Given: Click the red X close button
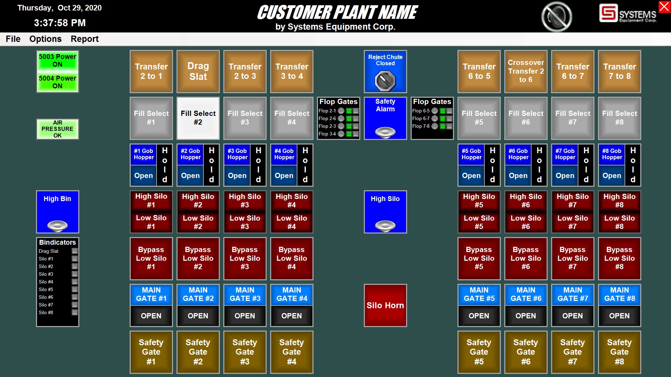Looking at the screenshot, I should pyautogui.click(x=664, y=7).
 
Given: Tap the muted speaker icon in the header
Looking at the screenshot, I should pyautogui.click(x=556, y=16).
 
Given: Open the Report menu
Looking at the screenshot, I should pyautogui.click(x=85, y=39).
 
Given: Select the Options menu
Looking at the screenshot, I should pyautogui.click(x=45, y=39).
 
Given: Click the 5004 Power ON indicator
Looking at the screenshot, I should pyautogui.click(x=58, y=82).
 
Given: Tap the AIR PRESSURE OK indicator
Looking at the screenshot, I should pyautogui.click(x=58, y=129).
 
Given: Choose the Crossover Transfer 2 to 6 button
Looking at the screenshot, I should pyautogui.click(x=526, y=72).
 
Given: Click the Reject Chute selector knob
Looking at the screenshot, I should pyautogui.click(x=385, y=80).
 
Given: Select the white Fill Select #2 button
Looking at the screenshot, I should pyautogui.click(x=198, y=118).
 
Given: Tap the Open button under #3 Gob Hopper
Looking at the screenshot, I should pyautogui.click(x=237, y=176).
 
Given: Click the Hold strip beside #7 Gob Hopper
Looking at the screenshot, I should pyautogui.click(x=586, y=165).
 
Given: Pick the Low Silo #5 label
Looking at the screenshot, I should pyautogui.click(x=479, y=222).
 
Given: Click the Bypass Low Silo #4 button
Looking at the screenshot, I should pyautogui.click(x=291, y=258).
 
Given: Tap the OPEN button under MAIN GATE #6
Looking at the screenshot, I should pyautogui.click(x=526, y=316).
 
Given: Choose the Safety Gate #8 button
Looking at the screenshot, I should pyautogui.click(x=619, y=352).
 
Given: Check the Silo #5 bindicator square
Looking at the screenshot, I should pyautogui.click(x=74, y=289).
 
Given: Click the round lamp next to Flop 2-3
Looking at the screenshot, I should pyautogui.click(x=341, y=126).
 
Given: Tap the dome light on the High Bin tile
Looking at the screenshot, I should pyautogui.click(x=57, y=226).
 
